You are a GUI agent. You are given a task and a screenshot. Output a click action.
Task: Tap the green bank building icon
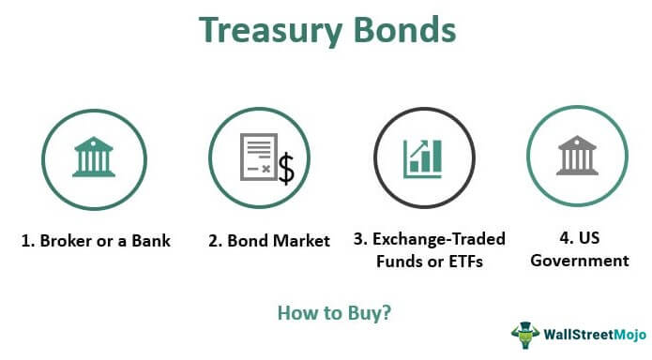point(95,156)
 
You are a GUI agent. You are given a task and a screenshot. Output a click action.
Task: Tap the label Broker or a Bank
point(97,241)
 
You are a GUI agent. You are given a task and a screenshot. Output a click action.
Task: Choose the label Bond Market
point(269,241)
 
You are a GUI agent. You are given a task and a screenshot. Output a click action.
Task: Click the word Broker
point(65,241)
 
